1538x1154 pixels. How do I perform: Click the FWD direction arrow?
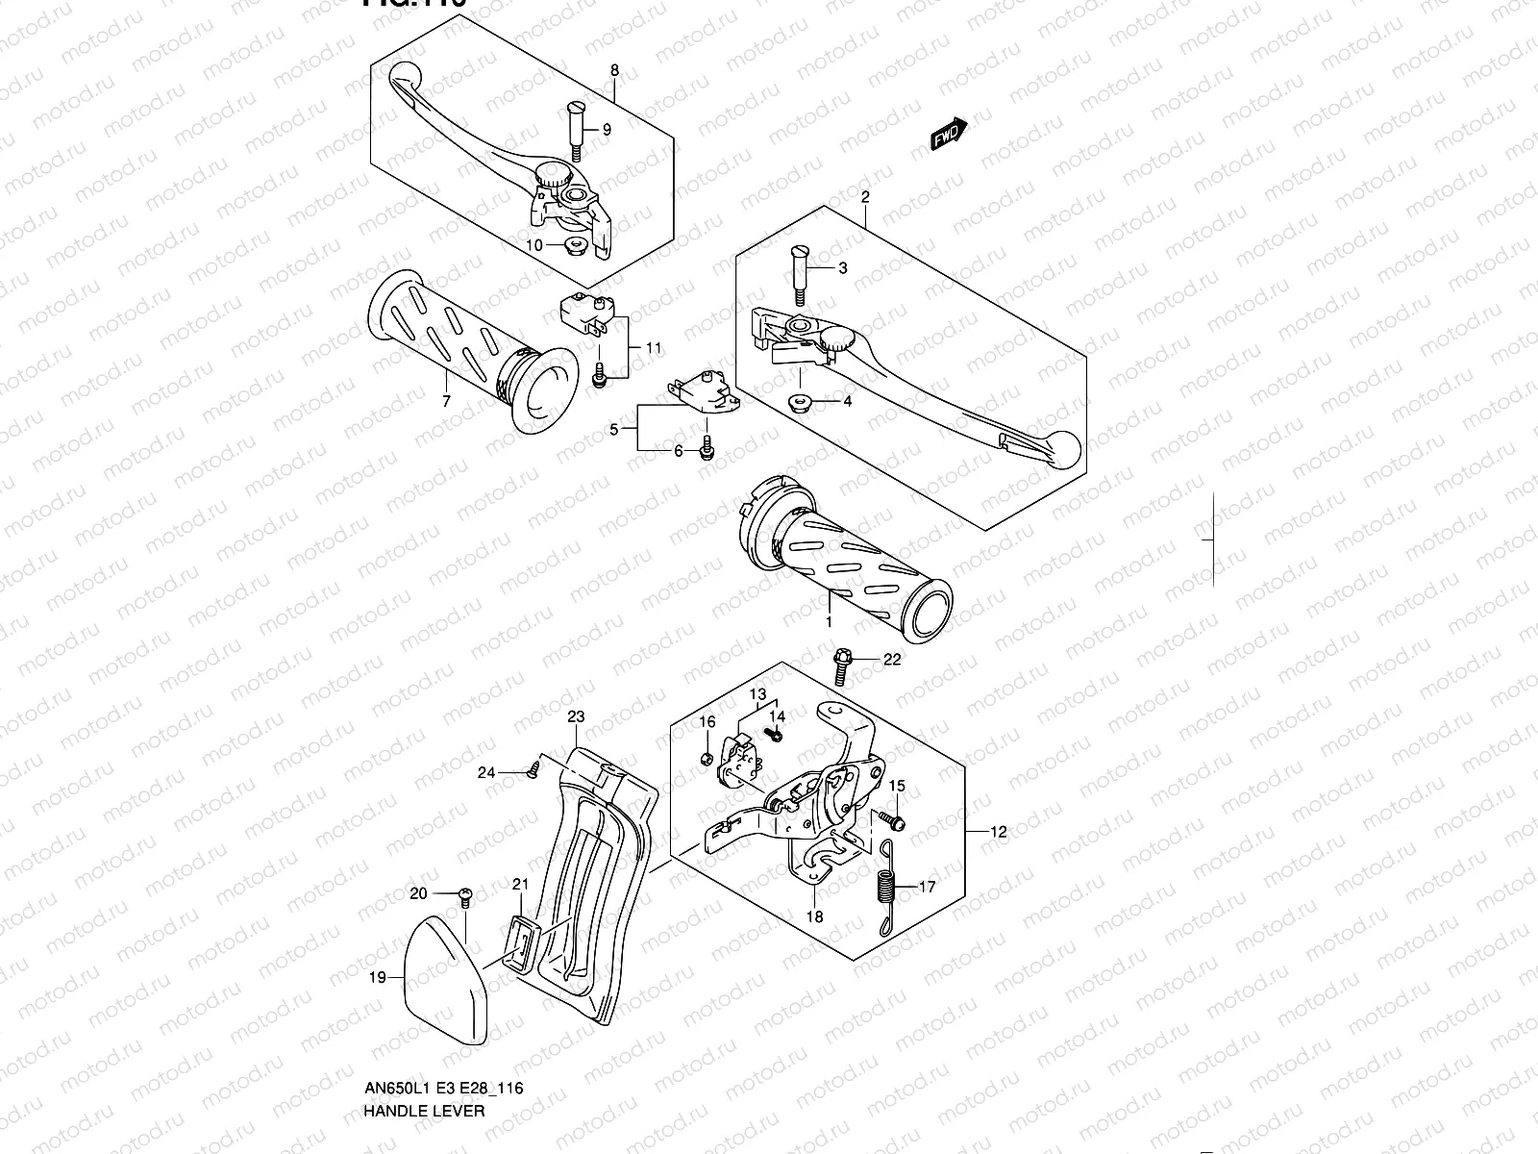(x=949, y=136)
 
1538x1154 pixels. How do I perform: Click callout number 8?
(x=615, y=70)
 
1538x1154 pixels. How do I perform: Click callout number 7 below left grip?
(x=446, y=402)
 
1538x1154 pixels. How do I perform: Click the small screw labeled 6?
(x=707, y=448)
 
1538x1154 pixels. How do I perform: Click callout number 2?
(x=865, y=196)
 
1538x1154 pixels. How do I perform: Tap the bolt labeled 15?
(x=891, y=820)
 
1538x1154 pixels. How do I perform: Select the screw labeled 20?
(x=465, y=896)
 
